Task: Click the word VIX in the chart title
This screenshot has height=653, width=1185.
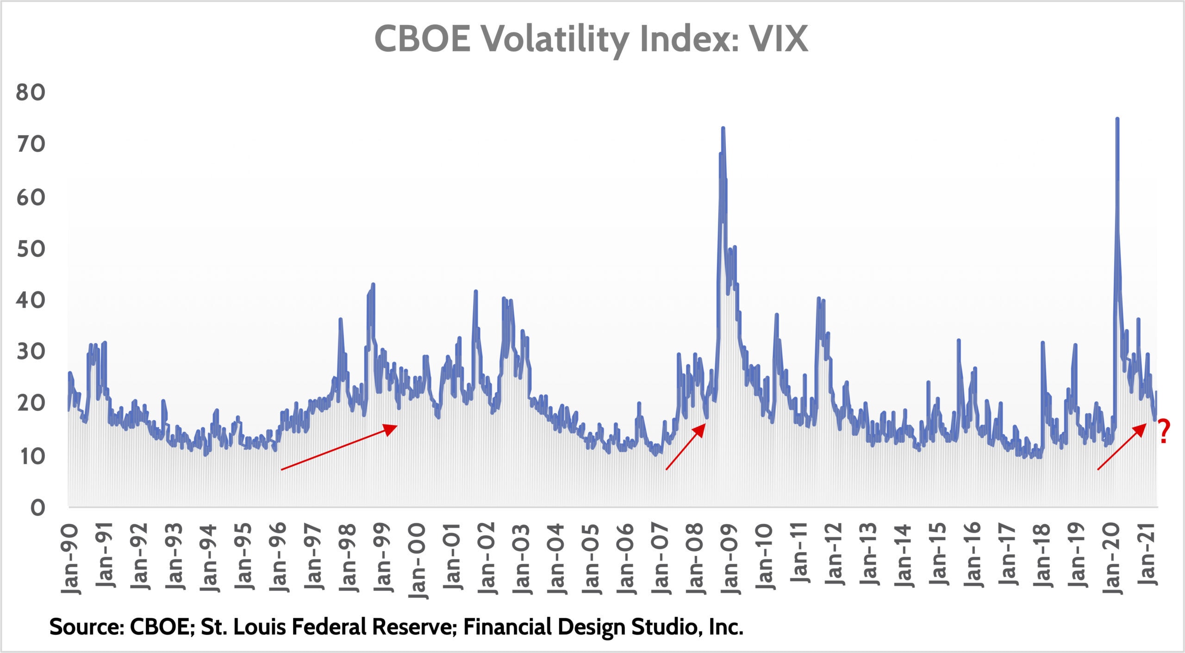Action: click(779, 39)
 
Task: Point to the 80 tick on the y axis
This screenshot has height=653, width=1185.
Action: click(31, 93)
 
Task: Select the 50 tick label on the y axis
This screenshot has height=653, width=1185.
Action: click(31, 249)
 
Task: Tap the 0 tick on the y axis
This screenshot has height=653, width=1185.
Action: click(38, 508)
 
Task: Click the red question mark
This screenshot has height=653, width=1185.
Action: click(1164, 431)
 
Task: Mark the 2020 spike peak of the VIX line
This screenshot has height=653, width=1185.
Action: click(1117, 119)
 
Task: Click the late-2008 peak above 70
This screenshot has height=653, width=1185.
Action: click(723, 128)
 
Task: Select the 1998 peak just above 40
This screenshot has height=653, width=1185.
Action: click(373, 284)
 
